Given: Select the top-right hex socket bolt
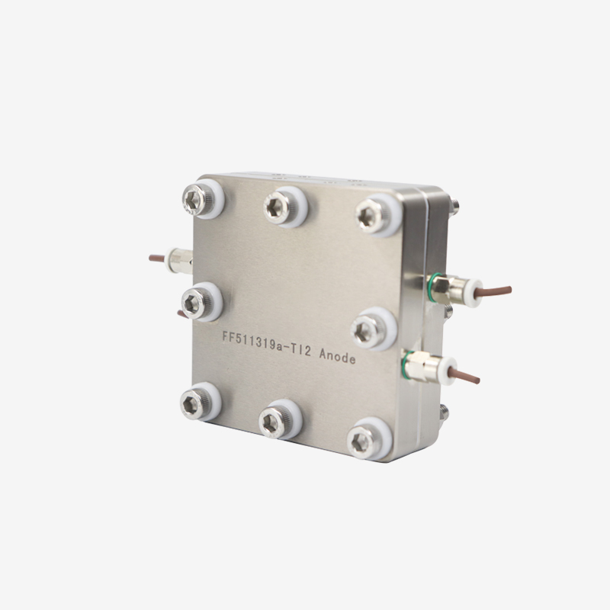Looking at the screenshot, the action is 370,216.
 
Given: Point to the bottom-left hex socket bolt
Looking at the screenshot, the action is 194,403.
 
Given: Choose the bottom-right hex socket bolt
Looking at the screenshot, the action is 361,441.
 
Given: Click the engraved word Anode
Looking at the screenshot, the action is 337,356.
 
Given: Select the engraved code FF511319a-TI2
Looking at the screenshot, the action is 266,344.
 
